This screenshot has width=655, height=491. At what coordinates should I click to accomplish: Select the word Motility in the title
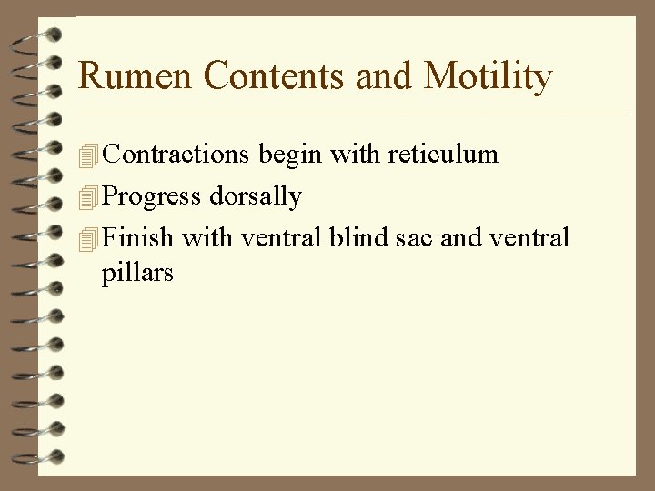(488, 76)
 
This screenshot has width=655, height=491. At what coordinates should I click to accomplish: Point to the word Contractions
(176, 155)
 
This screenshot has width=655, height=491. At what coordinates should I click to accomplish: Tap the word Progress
(152, 196)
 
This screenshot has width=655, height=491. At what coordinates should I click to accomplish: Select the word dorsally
(256, 196)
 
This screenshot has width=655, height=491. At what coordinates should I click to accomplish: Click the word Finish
(138, 238)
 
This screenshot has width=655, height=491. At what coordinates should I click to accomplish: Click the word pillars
(137, 273)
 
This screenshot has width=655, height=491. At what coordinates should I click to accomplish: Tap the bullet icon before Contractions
(88, 156)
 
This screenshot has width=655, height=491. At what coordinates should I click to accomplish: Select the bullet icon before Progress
(88, 197)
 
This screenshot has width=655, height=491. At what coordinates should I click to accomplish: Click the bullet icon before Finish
(88, 239)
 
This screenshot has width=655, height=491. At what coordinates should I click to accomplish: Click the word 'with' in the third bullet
(207, 238)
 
